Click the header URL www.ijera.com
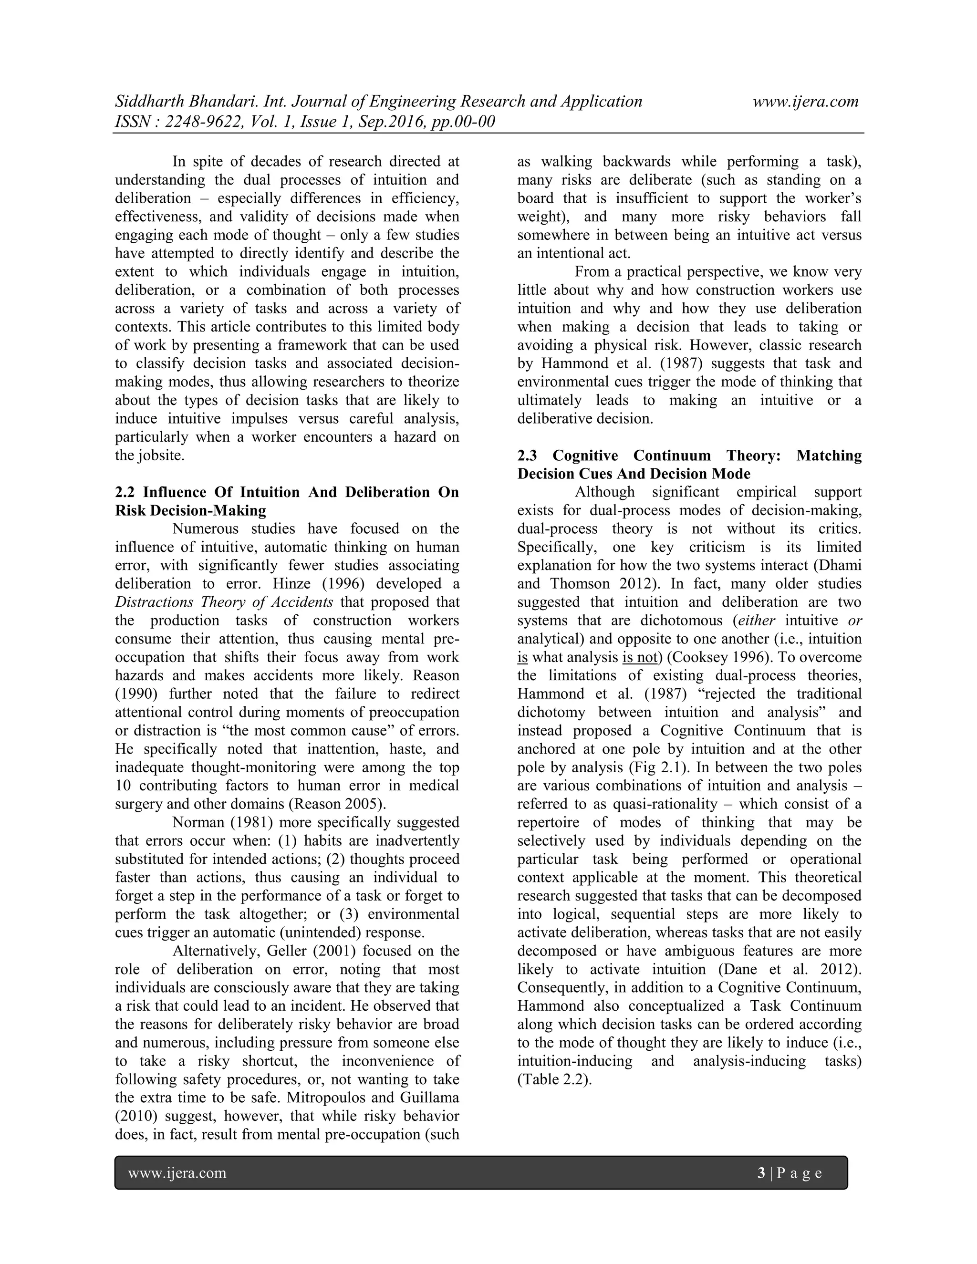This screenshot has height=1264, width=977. (805, 102)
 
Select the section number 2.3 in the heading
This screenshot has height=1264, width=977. (528, 456)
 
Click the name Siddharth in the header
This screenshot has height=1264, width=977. (149, 102)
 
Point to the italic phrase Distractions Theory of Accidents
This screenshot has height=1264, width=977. (224, 602)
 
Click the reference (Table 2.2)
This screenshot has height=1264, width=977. (554, 1079)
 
